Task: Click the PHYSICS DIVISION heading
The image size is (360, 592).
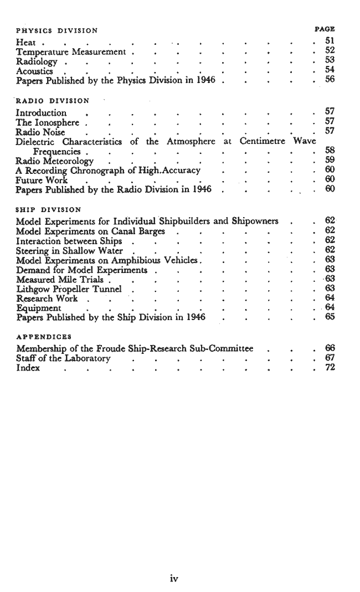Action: click(57, 30)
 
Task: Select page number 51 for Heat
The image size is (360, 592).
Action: click(331, 41)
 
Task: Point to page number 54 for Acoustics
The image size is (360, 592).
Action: click(331, 70)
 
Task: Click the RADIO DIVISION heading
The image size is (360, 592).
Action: click(53, 101)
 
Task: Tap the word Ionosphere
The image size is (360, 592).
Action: click(57, 122)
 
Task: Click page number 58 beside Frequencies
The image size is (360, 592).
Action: click(331, 151)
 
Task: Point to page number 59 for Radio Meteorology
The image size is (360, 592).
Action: click(331, 161)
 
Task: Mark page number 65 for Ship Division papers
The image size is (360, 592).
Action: click(331, 318)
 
